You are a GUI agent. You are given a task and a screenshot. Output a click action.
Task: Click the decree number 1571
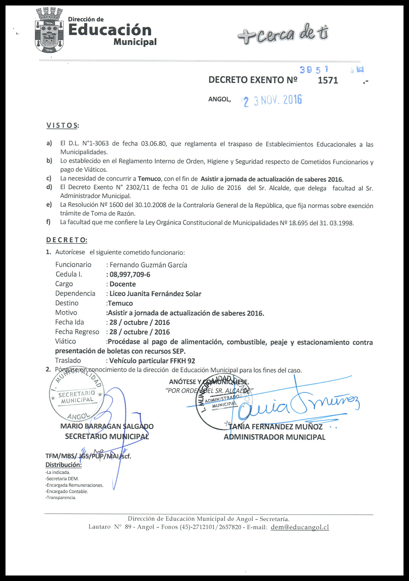pyautogui.click(x=328, y=80)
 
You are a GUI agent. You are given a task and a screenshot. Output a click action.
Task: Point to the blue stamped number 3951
pyautogui.click(x=314, y=70)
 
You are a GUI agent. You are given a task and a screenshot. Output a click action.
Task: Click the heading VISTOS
pyautogui.click(x=62, y=126)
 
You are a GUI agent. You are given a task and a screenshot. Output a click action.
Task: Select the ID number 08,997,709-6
pyautogui.click(x=130, y=275)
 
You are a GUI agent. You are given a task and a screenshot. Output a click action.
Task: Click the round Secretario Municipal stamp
pyautogui.click(x=76, y=397)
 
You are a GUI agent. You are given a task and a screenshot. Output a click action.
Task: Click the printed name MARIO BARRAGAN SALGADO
pyautogui.click(x=107, y=426)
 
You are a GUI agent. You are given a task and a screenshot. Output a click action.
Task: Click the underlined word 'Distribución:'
pyautogui.click(x=63, y=465)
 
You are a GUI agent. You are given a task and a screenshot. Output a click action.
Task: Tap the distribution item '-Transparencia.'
pyautogui.click(x=61, y=498)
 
